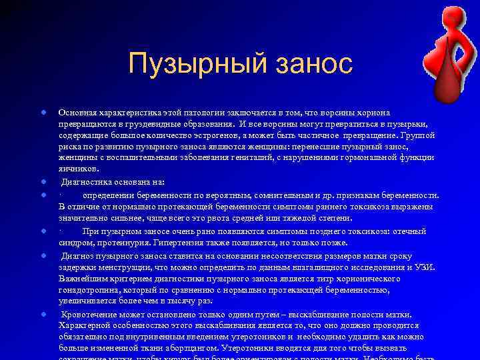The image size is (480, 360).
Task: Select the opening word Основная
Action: coord(76,113)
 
